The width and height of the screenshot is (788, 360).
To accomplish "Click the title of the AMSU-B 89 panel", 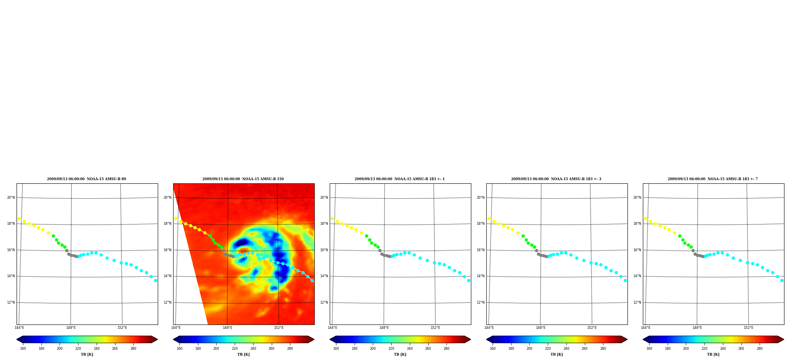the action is pyautogui.click(x=87, y=179).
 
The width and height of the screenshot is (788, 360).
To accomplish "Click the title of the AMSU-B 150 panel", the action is pyautogui.click(x=243, y=179).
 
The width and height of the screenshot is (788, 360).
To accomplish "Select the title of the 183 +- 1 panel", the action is pyautogui.click(x=400, y=179).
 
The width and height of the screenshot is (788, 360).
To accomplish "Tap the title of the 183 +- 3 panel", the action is pyautogui.click(x=556, y=179).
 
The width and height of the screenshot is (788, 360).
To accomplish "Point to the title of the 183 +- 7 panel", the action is pyautogui.click(x=713, y=179).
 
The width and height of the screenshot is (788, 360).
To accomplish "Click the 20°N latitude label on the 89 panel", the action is pyautogui.click(x=11, y=198).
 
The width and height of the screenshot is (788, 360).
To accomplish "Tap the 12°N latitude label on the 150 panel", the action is pyautogui.click(x=168, y=302).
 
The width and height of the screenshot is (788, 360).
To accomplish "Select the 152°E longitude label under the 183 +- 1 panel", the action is pyautogui.click(x=435, y=328).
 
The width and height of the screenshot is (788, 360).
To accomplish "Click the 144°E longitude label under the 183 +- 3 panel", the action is pyautogui.click(x=489, y=328).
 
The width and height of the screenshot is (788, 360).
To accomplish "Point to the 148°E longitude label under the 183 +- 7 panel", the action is pyautogui.click(x=697, y=328).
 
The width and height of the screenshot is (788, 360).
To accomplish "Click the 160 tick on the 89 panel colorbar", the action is pyautogui.click(x=23, y=349).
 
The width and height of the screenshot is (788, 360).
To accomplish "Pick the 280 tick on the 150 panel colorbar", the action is pyautogui.click(x=290, y=349).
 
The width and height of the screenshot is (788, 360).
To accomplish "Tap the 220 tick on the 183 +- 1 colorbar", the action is pyautogui.click(x=391, y=349).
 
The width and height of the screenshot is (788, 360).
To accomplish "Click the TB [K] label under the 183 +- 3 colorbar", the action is pyautogui.click(x=557, y=354).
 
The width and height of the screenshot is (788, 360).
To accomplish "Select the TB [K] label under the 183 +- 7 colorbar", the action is pyautogui.click(x=713, y=354).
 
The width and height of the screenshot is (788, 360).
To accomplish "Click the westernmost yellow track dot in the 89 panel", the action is pyautogui.click(x=19, y=218).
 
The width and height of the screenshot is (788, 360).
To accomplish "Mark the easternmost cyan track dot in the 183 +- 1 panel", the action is pyautogui.click(x=469, y=280).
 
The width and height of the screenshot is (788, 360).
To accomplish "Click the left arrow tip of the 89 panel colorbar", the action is pyautogui.click(x=17, y=339).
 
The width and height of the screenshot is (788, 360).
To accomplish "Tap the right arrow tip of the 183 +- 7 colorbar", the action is pyautogui.click(x=784, y=339).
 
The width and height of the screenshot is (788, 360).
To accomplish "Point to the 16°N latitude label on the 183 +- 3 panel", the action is pyautogui.click(x=481, y=250).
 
